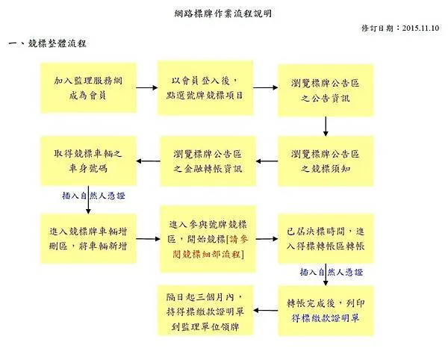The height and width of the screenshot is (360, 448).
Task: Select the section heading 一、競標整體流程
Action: pos(47,46)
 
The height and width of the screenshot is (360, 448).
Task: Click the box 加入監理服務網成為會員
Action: pos(89,87)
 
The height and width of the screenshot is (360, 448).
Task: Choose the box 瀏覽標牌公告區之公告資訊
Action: pos(325,88)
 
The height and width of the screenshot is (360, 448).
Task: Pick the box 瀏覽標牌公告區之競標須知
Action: pos(325,161)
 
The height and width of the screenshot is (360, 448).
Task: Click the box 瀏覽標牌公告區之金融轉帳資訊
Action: pos(208,161)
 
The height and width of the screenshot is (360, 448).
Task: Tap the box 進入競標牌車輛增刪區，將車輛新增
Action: pos(89,238)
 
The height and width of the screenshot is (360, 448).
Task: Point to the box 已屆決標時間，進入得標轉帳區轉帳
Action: pos(325,238)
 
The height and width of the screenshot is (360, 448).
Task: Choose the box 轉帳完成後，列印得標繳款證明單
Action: pos(325,310)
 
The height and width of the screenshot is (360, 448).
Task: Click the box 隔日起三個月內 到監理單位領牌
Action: pos(208,310)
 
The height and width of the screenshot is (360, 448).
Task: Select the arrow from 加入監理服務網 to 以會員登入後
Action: pos(148,87)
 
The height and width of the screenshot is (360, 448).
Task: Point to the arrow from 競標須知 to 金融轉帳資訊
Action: pos(266,161)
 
